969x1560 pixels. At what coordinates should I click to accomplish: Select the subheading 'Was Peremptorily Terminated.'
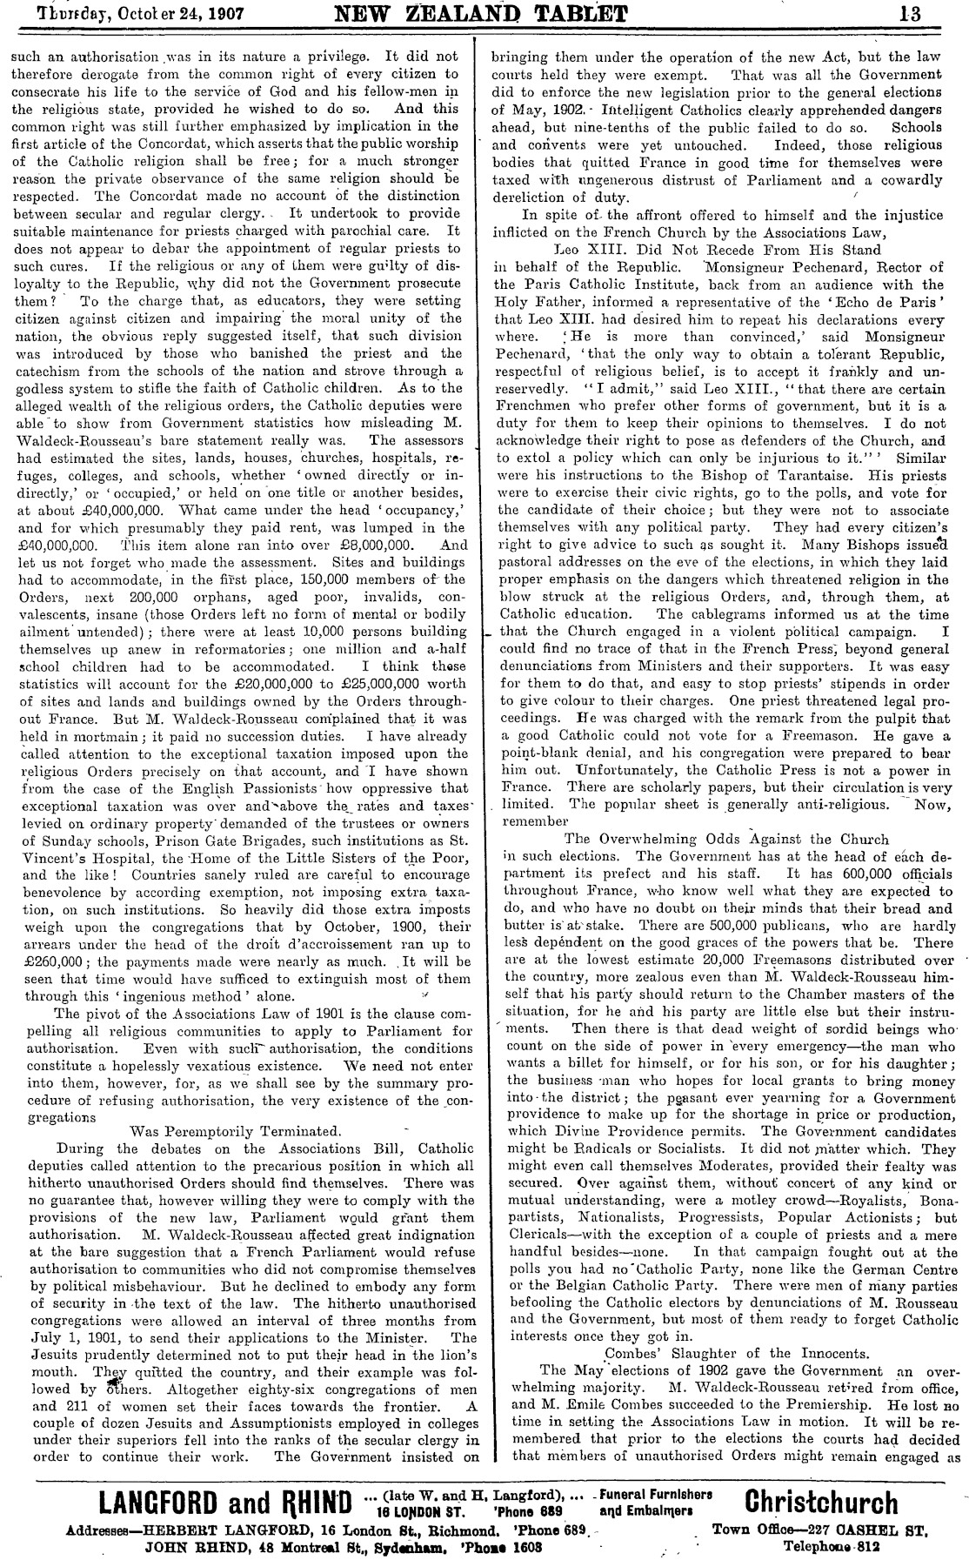click(x=222, y=1131)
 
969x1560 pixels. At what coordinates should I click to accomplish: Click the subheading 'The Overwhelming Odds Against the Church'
click(x=726, y=839)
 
